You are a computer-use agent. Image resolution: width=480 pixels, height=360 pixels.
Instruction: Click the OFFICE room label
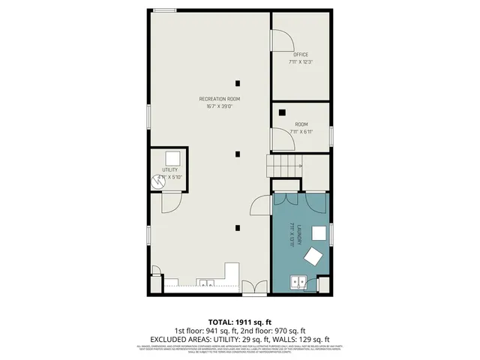pyautogui.click(x=300, y=55)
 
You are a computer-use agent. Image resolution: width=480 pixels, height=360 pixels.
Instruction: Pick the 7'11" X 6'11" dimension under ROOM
pyautogui.click(x=300, y=131)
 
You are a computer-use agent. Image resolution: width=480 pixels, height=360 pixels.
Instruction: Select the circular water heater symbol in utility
pyautogui.click(x=158, y=181)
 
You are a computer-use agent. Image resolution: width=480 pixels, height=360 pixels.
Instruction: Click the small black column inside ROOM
pyautogui.click(x=281, y=112)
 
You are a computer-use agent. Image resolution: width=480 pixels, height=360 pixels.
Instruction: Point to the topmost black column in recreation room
pyautogui.click(x=238, y=83)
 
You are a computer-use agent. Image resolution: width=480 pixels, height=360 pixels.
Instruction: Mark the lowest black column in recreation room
pyautogui.click(x=238, y=228)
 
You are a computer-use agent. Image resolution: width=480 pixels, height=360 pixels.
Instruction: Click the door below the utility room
pyautogui.click(x=169, y=201)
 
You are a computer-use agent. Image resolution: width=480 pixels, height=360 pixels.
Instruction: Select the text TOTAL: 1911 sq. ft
pyautogui.click(x=239, y=320)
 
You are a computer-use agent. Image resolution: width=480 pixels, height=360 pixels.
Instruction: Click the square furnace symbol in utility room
pyautogui.click(x=172, y=157)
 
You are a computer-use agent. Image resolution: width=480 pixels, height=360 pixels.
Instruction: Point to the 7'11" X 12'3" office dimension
pyautogui.click(x=300, y=62)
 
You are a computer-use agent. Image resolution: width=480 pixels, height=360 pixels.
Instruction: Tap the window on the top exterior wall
pyautogui.click(x=165, y=10)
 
